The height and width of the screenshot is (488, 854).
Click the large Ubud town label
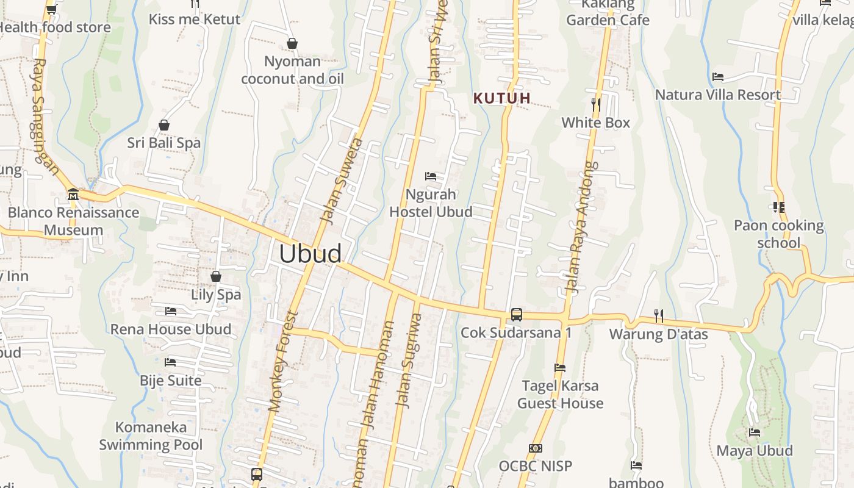(310, 254)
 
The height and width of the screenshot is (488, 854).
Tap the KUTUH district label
(502, 98)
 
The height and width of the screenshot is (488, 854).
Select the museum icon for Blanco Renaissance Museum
(73, 195)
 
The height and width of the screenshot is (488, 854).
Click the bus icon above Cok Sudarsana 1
(516, 315)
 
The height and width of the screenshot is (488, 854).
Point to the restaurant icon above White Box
(596, 104)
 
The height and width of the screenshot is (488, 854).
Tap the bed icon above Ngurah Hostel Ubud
(431, 176)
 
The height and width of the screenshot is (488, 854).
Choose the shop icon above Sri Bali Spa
(163, 125)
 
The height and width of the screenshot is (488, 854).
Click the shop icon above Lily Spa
(215, 276)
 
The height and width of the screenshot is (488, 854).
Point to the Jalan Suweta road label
(342, 181)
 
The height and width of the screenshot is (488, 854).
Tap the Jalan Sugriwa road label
(409, 360)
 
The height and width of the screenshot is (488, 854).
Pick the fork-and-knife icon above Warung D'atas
(658, 315)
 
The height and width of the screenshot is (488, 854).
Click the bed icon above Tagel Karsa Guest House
(559, 368)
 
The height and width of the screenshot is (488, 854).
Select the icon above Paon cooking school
(778, 207)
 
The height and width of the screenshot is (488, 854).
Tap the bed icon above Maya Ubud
(755, 432)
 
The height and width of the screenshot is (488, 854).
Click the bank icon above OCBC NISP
(535, 448)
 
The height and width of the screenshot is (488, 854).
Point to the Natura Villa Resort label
(718, 95)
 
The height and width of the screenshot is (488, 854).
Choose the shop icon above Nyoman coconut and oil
(292, 43)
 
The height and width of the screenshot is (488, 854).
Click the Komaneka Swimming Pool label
(151, 436)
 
